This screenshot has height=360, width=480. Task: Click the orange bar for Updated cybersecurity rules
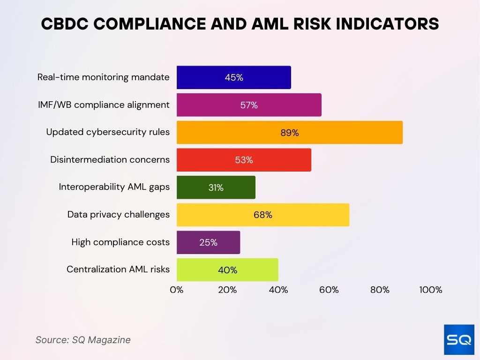289,132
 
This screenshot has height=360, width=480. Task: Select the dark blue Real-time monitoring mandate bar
233,77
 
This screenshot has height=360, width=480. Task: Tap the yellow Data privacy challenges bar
262,215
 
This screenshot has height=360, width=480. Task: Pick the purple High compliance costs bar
208,242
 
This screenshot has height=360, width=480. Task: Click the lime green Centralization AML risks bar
227,270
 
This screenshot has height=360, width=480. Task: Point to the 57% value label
249,105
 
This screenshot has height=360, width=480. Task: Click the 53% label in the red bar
244,160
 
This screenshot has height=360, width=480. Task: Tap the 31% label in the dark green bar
216,187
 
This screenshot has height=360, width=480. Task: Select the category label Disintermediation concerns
110,160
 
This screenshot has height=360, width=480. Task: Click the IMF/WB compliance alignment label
104,105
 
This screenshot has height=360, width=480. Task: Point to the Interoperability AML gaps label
114,187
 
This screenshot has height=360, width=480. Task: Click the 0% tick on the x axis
177,290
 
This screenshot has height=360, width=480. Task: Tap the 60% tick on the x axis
329,290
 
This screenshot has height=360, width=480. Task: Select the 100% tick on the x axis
430,290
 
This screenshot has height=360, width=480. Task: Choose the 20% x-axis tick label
227,290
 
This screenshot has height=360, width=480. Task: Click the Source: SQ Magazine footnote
83,340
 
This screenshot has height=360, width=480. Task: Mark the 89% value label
289,133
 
